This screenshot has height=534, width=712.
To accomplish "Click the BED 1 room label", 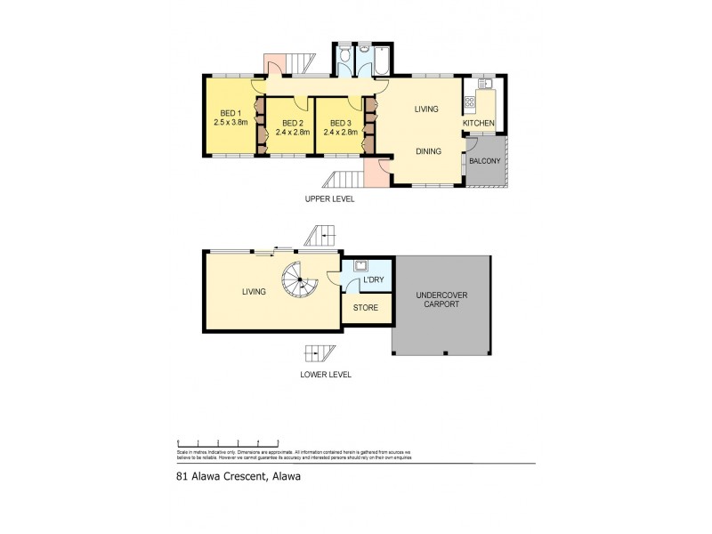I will [230, 113].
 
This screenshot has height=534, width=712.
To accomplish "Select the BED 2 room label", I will [289, 123].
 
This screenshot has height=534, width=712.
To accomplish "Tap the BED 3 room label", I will [338, 123].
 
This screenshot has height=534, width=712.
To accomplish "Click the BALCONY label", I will [485, 161].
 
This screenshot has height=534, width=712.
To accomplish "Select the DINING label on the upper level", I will [428, 151].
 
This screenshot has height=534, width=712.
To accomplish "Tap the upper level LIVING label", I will [426, 109].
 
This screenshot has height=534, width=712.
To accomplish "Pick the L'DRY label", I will [372, 281].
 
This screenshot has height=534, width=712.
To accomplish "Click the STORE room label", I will [366, 308].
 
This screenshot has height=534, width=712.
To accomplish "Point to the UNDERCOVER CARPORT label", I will [441, 299].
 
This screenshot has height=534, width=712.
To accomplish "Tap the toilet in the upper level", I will [344, 61].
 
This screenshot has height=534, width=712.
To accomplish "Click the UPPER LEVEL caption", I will [328, 199].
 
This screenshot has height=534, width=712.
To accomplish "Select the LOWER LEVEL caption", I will [325, 375].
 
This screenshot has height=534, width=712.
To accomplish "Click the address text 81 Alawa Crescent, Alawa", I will [237, 476].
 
